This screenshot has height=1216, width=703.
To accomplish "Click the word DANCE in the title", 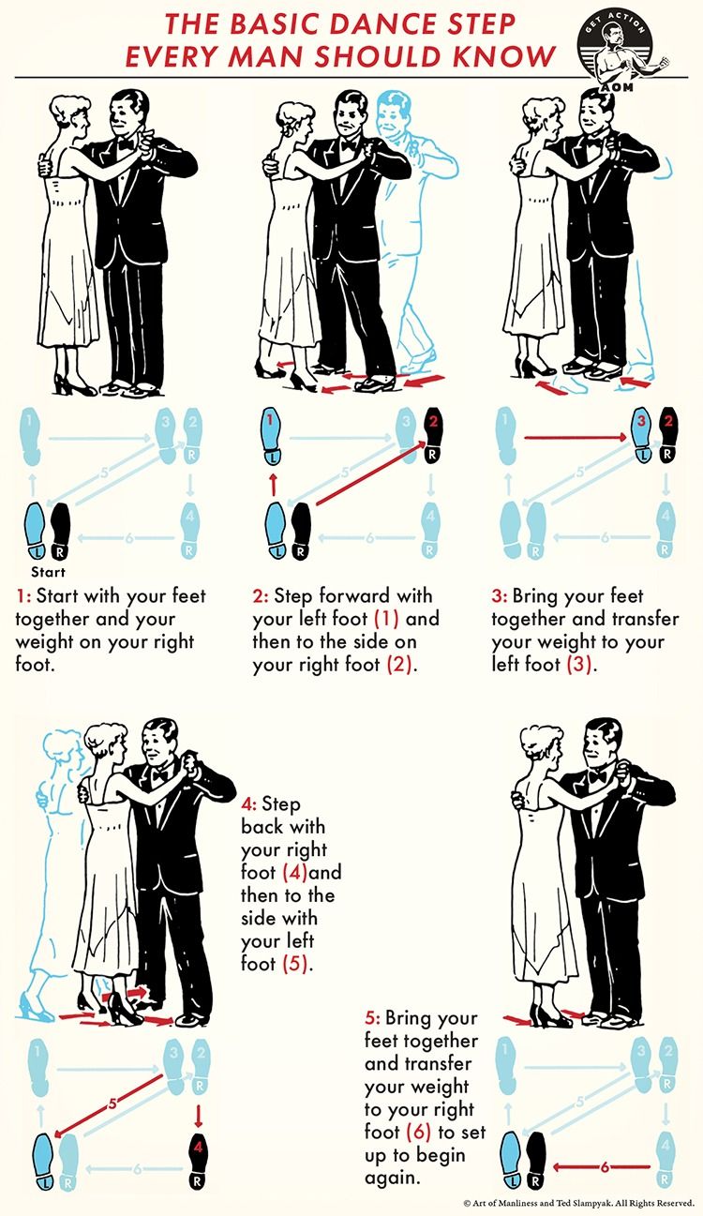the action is (374, 23).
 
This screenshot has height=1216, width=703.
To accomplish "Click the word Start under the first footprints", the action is (48, 572).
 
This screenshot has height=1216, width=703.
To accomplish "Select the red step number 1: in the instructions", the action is (23, 596).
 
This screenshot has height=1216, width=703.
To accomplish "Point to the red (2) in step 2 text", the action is (399, 665).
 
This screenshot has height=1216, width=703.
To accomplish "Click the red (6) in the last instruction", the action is (418, 1132).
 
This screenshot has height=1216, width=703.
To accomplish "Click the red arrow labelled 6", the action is (602, 1166).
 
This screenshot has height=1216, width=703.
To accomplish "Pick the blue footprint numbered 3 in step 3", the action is (643, 435).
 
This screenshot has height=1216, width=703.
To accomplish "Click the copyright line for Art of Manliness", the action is (578, 1203).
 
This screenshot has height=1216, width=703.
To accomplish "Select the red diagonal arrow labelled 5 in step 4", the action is (109, 1104).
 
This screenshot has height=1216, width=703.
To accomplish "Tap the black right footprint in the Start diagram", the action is (60, 531).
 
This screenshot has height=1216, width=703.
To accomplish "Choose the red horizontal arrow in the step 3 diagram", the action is (576, 436).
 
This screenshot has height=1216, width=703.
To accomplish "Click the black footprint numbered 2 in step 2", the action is (433, 434).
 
